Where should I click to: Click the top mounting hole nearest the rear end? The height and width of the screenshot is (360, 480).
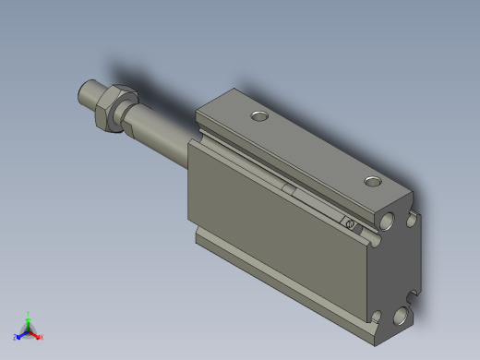[x=372, y=181]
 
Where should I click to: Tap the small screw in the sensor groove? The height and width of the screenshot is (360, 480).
[x=349, y=223]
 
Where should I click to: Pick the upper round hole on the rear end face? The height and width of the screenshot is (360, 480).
[x=388, y=222]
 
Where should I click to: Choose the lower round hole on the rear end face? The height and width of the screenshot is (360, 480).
[x=401, y=317]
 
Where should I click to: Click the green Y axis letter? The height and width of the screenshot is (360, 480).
[x=28, y=313]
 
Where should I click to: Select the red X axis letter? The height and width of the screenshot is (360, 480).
[x=42, y=337]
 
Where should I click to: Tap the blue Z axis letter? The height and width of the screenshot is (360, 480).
[x=15, y=338]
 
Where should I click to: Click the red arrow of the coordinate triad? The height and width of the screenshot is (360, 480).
[x=35, y=334]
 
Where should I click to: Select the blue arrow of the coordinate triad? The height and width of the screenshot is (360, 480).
[x=21, y=334]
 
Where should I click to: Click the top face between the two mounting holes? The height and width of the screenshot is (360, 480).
[x=314, y=148]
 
